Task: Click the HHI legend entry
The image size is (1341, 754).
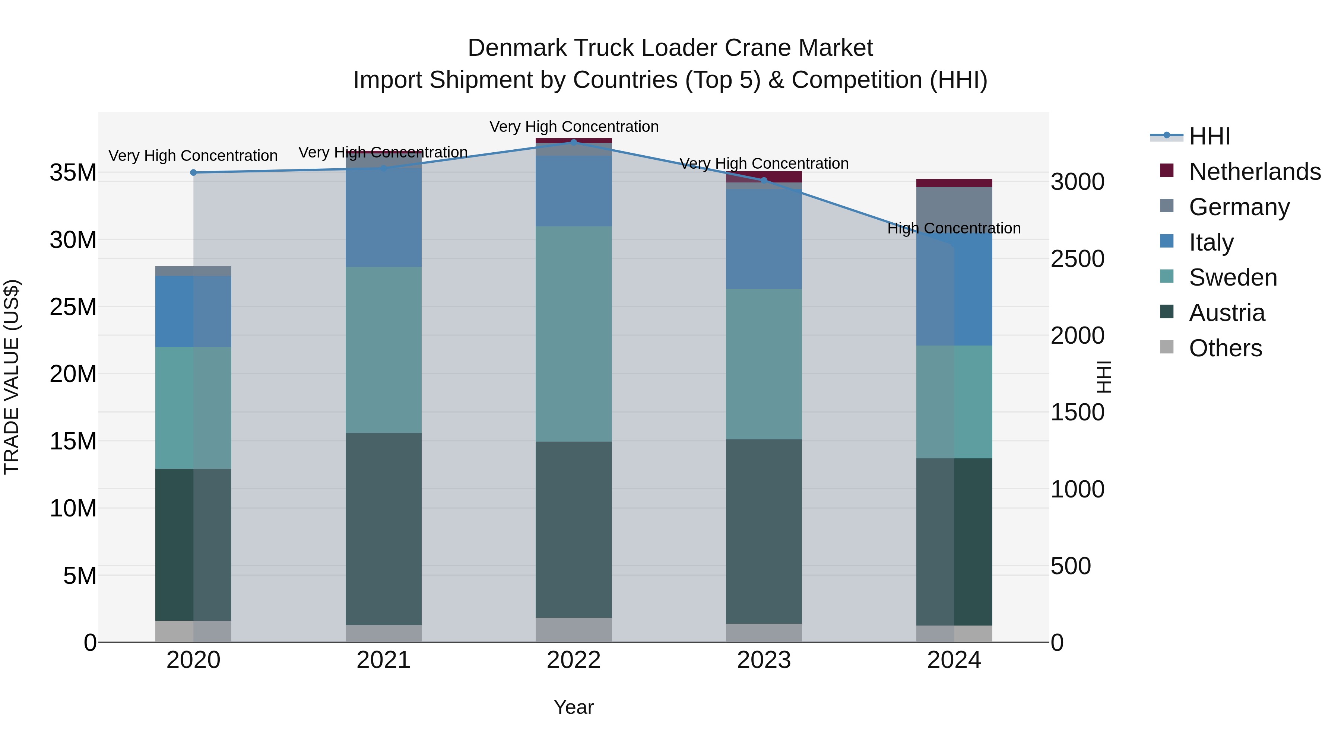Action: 1209,136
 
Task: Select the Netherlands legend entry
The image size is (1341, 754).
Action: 1254,172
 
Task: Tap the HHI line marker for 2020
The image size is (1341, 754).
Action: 193,173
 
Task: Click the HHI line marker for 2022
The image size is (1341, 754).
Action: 574,142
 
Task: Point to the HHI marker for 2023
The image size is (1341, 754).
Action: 764,181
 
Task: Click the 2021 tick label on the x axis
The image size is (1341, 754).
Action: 383,660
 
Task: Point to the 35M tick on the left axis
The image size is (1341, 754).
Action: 73,173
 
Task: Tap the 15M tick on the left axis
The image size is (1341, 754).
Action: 73,441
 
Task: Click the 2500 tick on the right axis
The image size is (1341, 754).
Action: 1077,259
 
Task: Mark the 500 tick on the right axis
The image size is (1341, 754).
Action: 1070,566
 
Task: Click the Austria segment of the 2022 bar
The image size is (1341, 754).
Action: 574,530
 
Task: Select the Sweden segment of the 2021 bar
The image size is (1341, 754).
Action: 383,350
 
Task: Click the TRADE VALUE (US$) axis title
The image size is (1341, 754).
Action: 12,377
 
